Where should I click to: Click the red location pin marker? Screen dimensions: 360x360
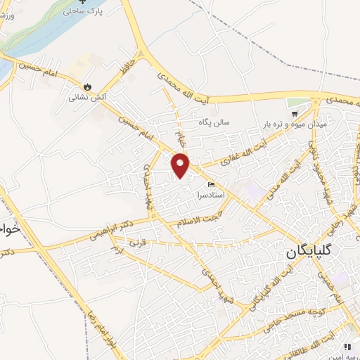(x=181, y=165)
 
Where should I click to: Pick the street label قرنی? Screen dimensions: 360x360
(x=134, y=243)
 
